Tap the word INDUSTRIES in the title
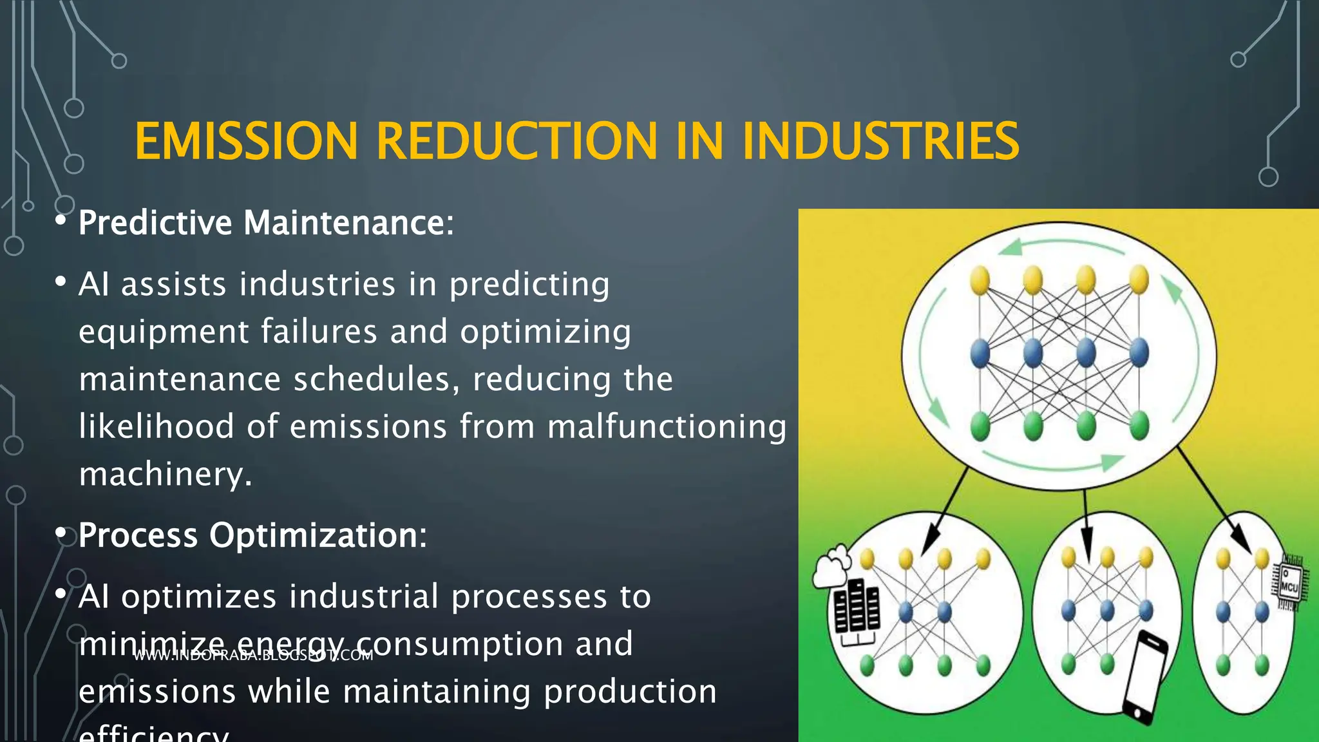click(880, 141)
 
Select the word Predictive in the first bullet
click(155, 223)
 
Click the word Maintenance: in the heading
click(348, 223)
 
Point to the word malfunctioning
click(667, 427)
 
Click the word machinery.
click(165, 474)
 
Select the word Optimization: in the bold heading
click(318, 535)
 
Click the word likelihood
click(157, 427)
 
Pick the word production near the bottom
click(630, 692)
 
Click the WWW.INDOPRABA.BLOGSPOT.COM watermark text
click(253, 656)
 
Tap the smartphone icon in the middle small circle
click(1146, 677)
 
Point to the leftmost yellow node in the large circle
click(980, 281)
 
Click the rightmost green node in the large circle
click(1139, 426)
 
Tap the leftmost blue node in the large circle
click(980, 353)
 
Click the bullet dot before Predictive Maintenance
click(61, 221)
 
